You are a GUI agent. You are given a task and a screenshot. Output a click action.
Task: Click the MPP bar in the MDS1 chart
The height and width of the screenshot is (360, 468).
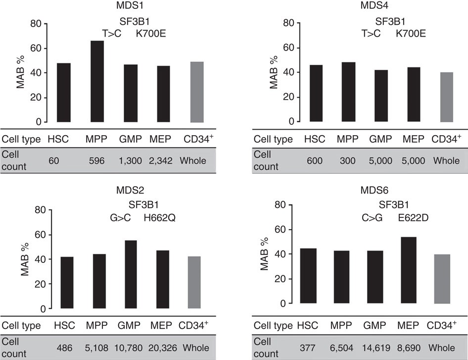click(97, 82)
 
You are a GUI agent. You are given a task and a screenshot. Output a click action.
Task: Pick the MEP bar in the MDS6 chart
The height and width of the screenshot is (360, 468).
click(408, 270)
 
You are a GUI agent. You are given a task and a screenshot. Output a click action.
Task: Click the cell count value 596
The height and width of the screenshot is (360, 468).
click(97, 161)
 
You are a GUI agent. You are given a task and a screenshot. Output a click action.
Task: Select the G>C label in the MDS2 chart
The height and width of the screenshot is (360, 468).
click(120, 217)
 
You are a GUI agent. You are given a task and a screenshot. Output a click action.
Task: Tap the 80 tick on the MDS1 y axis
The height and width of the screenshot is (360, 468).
click(34, 23)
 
